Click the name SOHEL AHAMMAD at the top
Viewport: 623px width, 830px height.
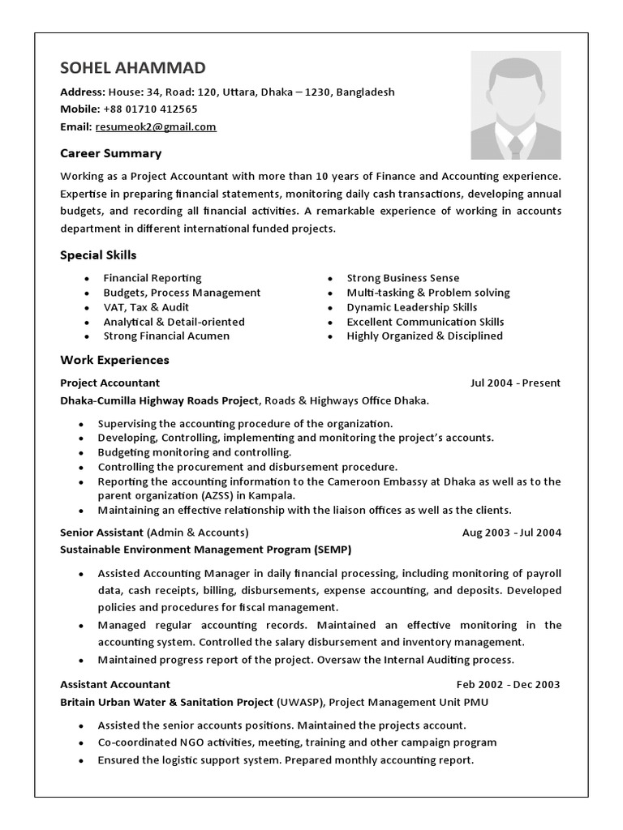[x=133, y=67]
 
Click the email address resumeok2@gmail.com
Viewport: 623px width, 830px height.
[x=156, y=126]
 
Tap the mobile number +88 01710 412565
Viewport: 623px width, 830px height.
[x=149, y=109]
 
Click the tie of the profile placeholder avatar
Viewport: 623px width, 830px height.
[x=516, y=145]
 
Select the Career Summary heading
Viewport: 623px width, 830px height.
[x=111, y=153]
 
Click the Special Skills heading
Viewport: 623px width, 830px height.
[x=98, y=255]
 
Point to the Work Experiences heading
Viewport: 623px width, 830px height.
[x=114, y=359]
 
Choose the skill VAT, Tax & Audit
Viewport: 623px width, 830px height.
[x=146, y=307]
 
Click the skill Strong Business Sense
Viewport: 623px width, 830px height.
[x=402, y=278]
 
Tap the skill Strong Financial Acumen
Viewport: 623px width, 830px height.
[x=166, y=336]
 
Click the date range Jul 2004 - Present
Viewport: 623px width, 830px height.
[x=515, y=383]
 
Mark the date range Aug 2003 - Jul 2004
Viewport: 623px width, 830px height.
[x=511, y=533]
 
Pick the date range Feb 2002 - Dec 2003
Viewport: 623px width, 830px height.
[x=508, y=684]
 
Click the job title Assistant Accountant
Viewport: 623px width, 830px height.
[x=115, y=684]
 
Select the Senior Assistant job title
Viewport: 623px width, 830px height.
[x=102, y=533]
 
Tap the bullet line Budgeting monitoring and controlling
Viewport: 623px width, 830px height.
[x=195, y=452]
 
